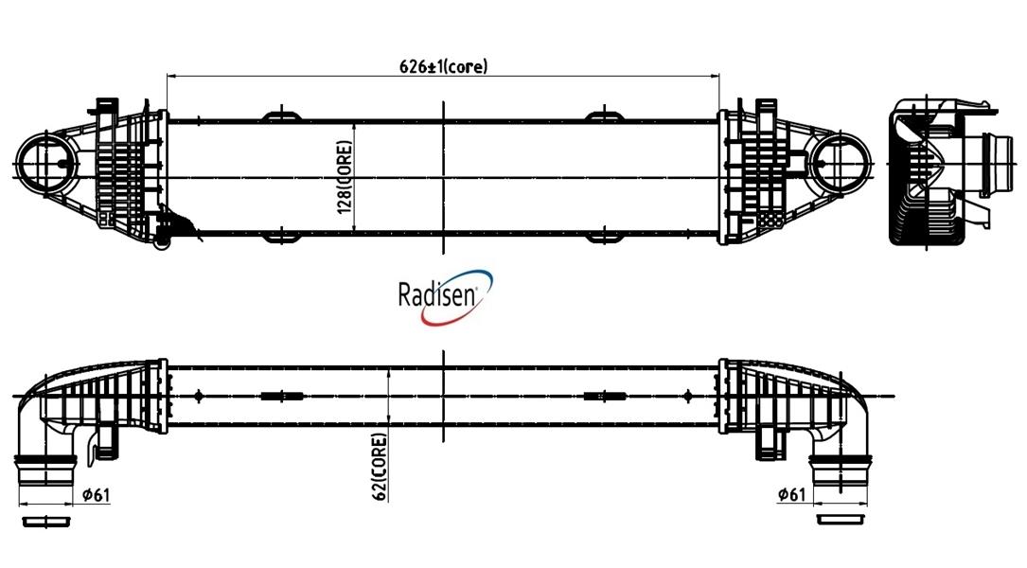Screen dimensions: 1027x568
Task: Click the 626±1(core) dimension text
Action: (x=443, y=66)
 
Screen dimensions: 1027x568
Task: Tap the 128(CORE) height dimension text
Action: (x=345, y=178)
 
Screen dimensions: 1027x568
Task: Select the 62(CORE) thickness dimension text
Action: (x=380, y=467)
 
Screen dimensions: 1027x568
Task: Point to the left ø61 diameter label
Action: (x=97, y=494)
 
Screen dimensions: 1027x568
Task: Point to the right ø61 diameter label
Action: (x=792, y=494)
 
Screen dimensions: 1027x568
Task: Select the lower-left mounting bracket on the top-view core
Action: (x=282, y=237)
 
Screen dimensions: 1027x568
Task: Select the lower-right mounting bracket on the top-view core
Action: (x=604, y=237)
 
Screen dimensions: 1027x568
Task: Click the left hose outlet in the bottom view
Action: (x=45, y=470)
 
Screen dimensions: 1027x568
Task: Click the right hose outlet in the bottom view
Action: (x=841, y=470)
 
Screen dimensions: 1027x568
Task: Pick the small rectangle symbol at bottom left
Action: (x=45, y=522)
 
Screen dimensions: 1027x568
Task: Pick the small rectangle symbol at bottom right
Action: (x=841, y=520)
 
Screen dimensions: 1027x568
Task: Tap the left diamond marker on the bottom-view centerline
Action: (x=199, y=396)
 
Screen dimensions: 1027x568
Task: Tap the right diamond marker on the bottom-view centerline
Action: (x=688, y=396)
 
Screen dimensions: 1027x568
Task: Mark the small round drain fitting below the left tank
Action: (x=161, y=245)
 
